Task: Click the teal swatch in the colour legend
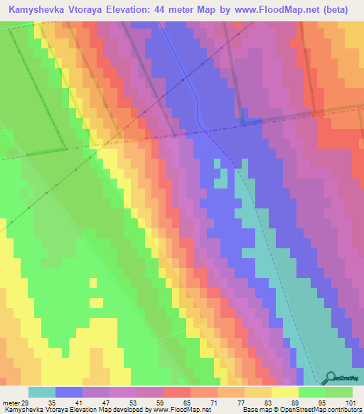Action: click(x=42, y=392)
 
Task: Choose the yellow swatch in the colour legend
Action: click(x=284, y=392)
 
